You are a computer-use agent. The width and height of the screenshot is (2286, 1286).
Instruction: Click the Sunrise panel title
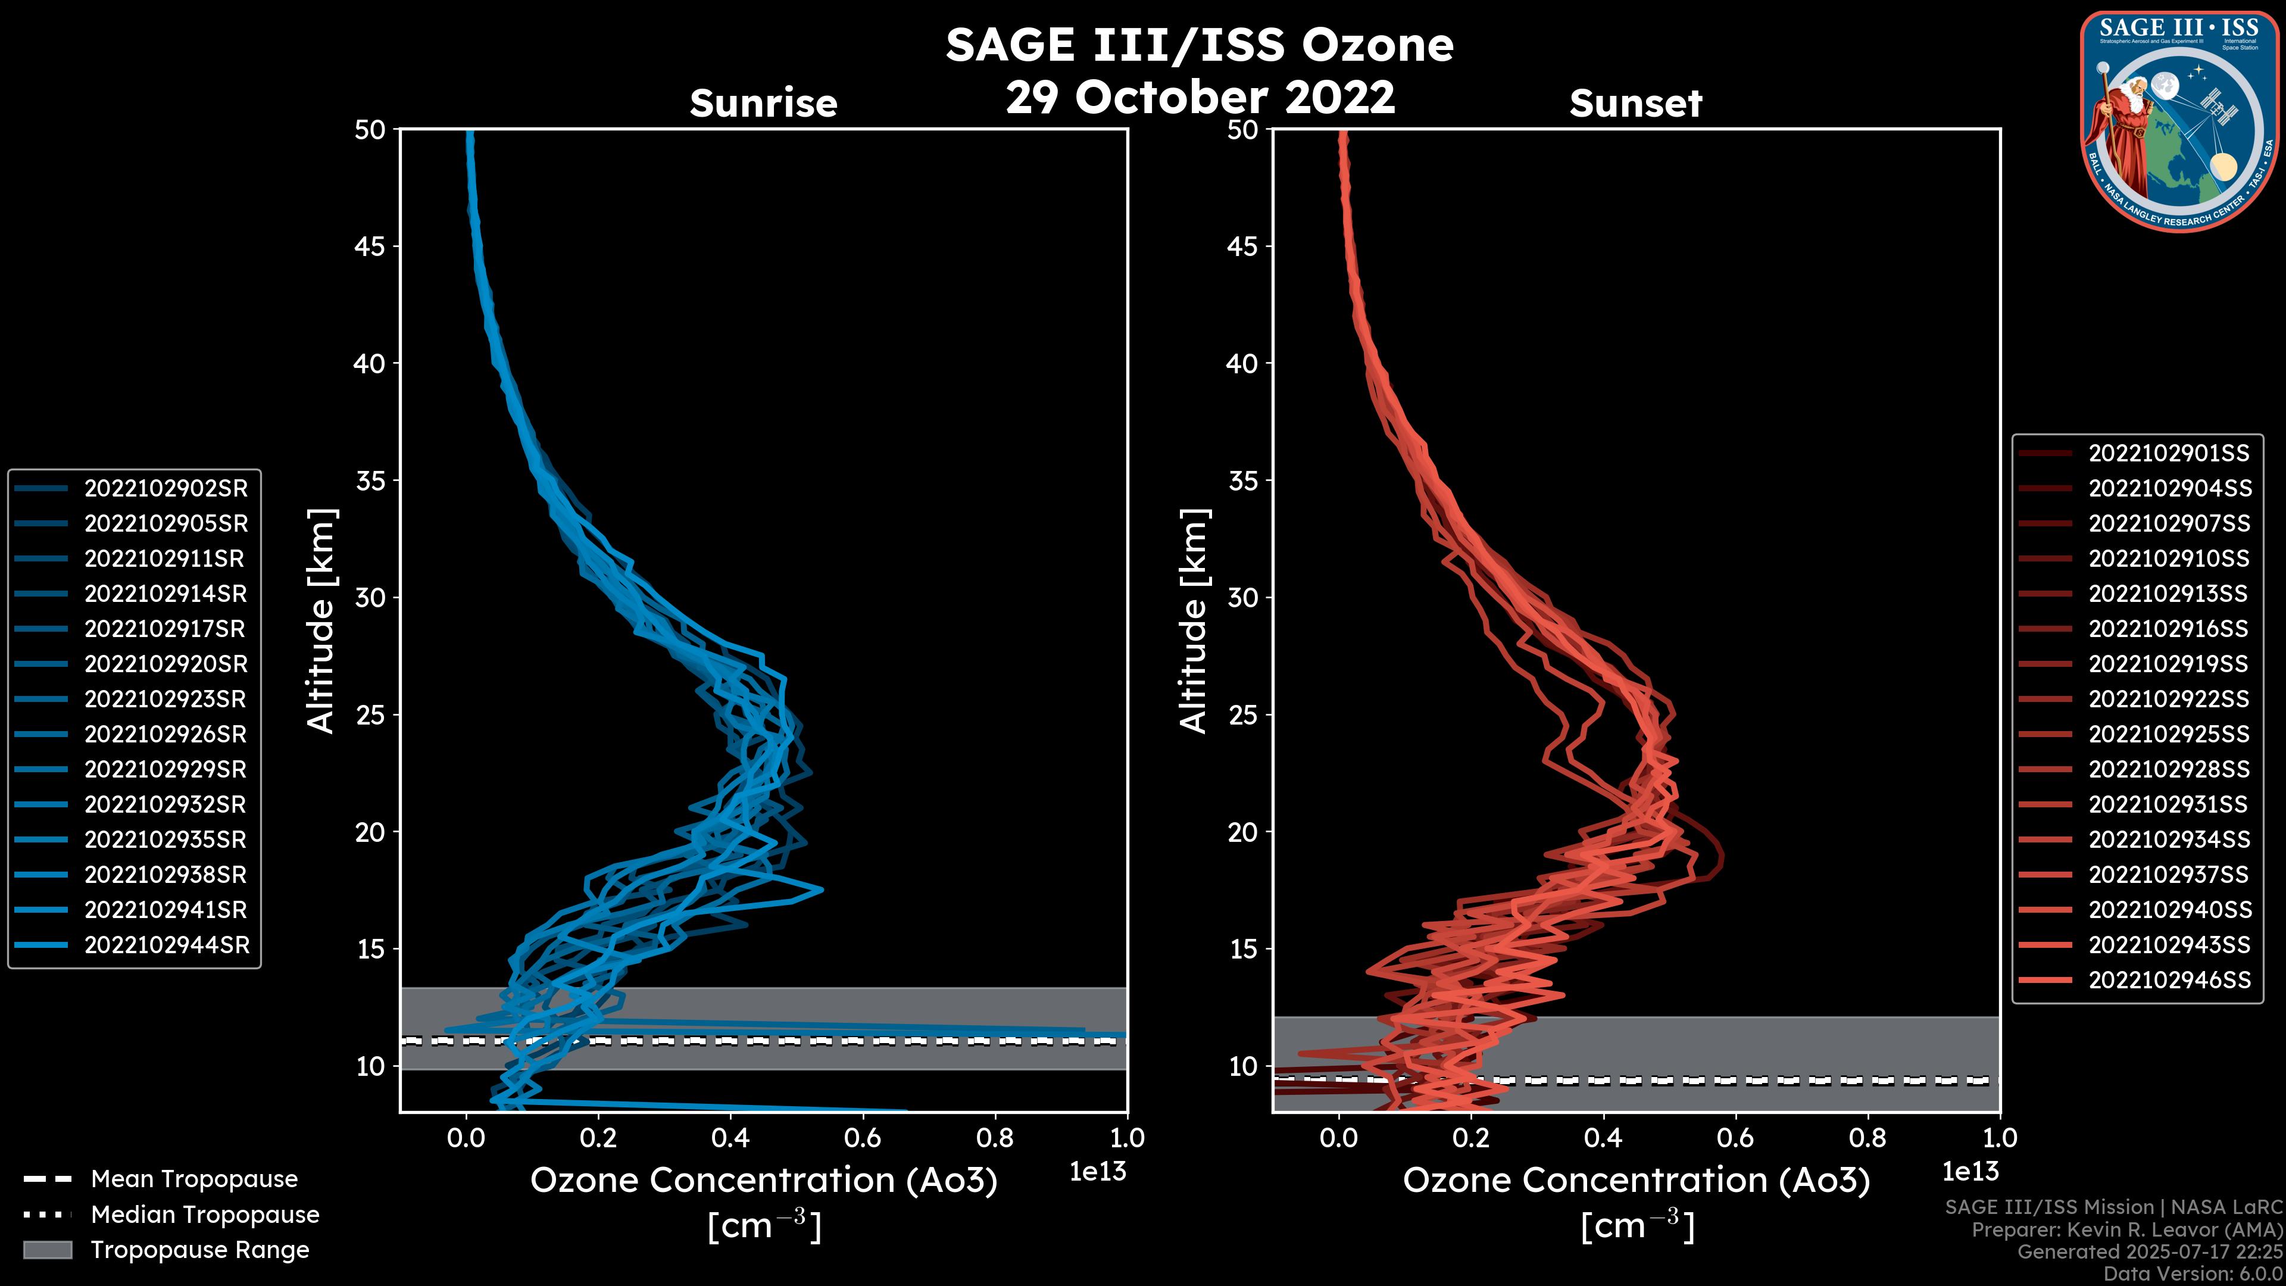click(763, 103)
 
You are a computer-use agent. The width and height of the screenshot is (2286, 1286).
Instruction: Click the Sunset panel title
click(1635, 103)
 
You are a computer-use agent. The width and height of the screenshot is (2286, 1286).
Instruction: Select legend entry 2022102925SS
click(2169, 734)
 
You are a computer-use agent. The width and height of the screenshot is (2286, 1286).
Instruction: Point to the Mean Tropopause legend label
click(194, 1179)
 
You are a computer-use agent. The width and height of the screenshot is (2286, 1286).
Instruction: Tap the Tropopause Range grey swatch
click(48, 1250)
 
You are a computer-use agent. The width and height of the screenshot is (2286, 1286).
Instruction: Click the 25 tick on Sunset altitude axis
click(1243, 714)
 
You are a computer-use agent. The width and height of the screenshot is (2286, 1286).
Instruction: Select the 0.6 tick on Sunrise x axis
click(863, 1138)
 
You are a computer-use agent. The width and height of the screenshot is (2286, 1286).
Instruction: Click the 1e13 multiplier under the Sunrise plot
click(1098, 1172)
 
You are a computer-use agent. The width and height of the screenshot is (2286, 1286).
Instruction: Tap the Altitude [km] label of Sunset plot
click(1194, 621)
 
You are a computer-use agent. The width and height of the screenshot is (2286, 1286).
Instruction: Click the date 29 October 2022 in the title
click(1200, 96)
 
